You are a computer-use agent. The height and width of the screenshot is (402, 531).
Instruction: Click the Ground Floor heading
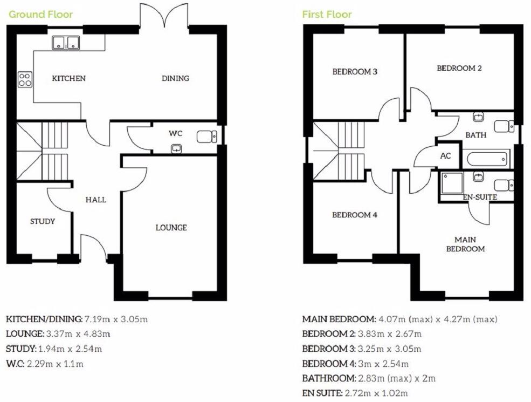(40, 14)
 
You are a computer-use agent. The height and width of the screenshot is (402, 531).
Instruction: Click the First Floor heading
(327, 14)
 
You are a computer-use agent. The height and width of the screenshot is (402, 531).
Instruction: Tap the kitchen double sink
(66, 42)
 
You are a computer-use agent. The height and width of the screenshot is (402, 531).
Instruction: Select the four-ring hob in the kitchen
(25, 80)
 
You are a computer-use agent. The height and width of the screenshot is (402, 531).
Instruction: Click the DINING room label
(175, 78)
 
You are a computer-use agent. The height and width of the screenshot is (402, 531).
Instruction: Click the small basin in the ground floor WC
(176, 148)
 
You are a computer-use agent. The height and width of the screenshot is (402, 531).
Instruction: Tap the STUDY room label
(43, 221)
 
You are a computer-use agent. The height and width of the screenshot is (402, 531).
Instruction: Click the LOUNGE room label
(171, 228)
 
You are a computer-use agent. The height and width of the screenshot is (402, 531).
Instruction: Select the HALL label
(95, 200)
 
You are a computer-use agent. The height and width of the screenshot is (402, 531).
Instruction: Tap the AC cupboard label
(445, 156)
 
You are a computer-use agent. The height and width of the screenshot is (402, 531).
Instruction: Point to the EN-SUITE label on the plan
(479, 197)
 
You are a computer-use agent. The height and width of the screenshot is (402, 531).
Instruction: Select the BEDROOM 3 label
(354, 71)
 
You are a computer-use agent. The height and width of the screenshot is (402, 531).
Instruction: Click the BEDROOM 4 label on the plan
(354, 215)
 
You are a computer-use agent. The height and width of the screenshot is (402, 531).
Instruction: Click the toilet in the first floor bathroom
(504, 126)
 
